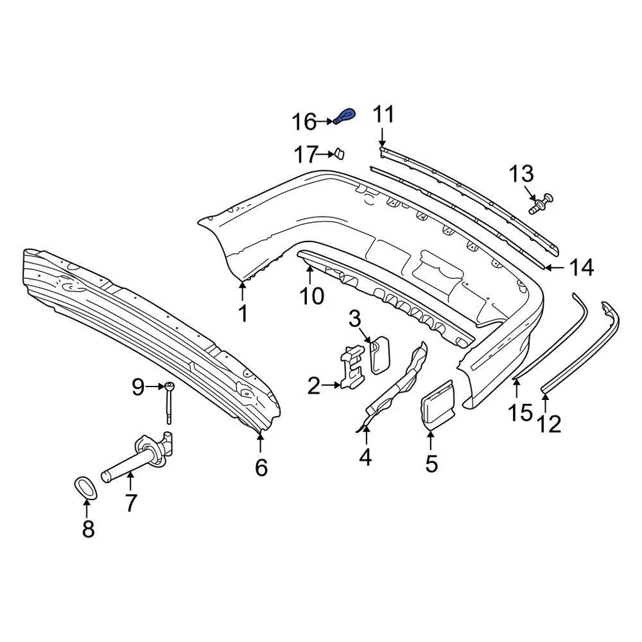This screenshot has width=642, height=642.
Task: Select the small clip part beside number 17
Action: point(339,154)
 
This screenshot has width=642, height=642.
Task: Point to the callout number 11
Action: point(384,114)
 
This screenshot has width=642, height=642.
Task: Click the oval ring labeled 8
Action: point(85,487)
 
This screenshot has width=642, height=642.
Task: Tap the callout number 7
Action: point(131,502)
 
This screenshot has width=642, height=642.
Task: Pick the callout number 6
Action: point(261,467)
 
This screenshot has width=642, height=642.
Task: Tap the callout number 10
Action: point(312,295)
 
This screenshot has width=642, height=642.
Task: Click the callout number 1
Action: point(243,312)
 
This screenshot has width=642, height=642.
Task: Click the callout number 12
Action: point(550,423)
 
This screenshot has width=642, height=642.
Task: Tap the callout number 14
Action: point(580,268)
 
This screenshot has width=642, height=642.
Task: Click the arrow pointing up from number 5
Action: point(431,439)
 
